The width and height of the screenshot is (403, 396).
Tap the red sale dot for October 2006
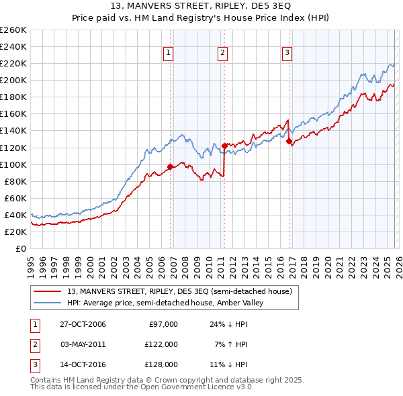(x=170, y=166)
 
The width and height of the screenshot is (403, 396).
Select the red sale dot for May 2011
(x=224, y=145)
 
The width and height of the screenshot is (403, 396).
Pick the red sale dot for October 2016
(x=289, y=141)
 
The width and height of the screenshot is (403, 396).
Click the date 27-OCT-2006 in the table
(x=83, y=324)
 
